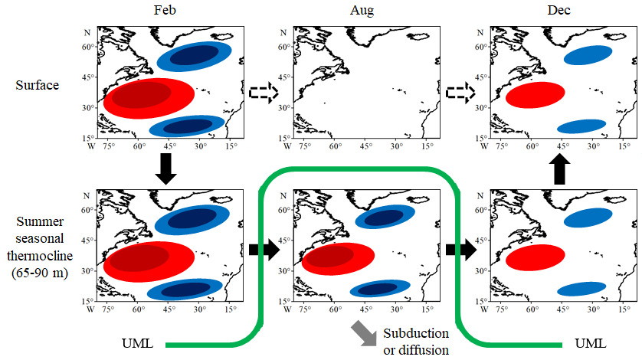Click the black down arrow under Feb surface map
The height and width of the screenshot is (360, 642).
(x=167, y=166)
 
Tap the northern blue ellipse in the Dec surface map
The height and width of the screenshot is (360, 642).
(x=587, y=54)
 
